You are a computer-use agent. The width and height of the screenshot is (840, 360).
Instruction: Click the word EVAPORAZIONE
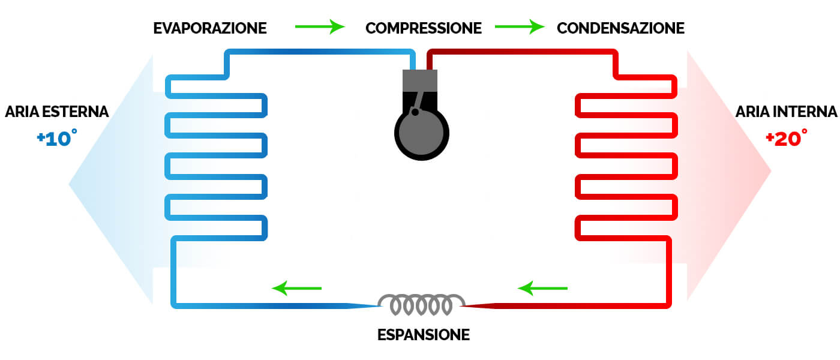tap(210, 28)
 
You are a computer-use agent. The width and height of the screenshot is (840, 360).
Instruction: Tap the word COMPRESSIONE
tap(424, 28)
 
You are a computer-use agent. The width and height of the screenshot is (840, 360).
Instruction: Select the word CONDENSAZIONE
tap(620, 28)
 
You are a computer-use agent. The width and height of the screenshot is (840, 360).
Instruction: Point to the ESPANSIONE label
tap(424, 335)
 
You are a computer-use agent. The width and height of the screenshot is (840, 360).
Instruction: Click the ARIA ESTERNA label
tap(56, 112)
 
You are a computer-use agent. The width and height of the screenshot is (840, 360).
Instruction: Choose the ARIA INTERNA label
tap(786, 112)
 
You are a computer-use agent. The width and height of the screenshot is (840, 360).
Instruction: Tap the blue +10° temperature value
tap(56, 138)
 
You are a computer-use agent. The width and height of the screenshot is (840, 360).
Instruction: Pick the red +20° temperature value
tap(786, 138)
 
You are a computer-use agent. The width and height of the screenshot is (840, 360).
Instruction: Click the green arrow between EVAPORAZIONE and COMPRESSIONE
tap(320, 26)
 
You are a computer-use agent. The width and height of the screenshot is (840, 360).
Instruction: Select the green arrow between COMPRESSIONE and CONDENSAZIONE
tap(520, 26)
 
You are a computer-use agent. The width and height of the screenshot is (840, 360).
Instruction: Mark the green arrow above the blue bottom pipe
tap(297, 289)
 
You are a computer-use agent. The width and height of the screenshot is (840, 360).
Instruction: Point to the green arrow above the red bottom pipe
tap(543, 289)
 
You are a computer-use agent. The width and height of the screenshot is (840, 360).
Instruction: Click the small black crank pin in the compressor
tap(415, 112)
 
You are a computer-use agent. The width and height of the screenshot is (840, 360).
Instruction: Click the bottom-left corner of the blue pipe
tap(175, 305)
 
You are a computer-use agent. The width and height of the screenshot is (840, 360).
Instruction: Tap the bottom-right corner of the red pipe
tap(668, 305)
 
